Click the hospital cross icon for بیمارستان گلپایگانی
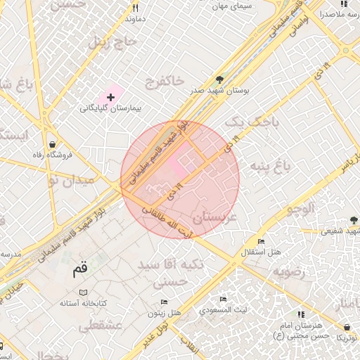click(110, 96)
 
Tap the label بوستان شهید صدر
click(219, 91)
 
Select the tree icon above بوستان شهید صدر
click(219, 79)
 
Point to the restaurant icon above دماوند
click(135, 8)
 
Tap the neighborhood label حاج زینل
click(110, 43)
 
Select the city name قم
click(81, 268)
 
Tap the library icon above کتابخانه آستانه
click(83, 292)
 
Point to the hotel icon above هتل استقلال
click(260, 240)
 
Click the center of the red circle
click(180, 179)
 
